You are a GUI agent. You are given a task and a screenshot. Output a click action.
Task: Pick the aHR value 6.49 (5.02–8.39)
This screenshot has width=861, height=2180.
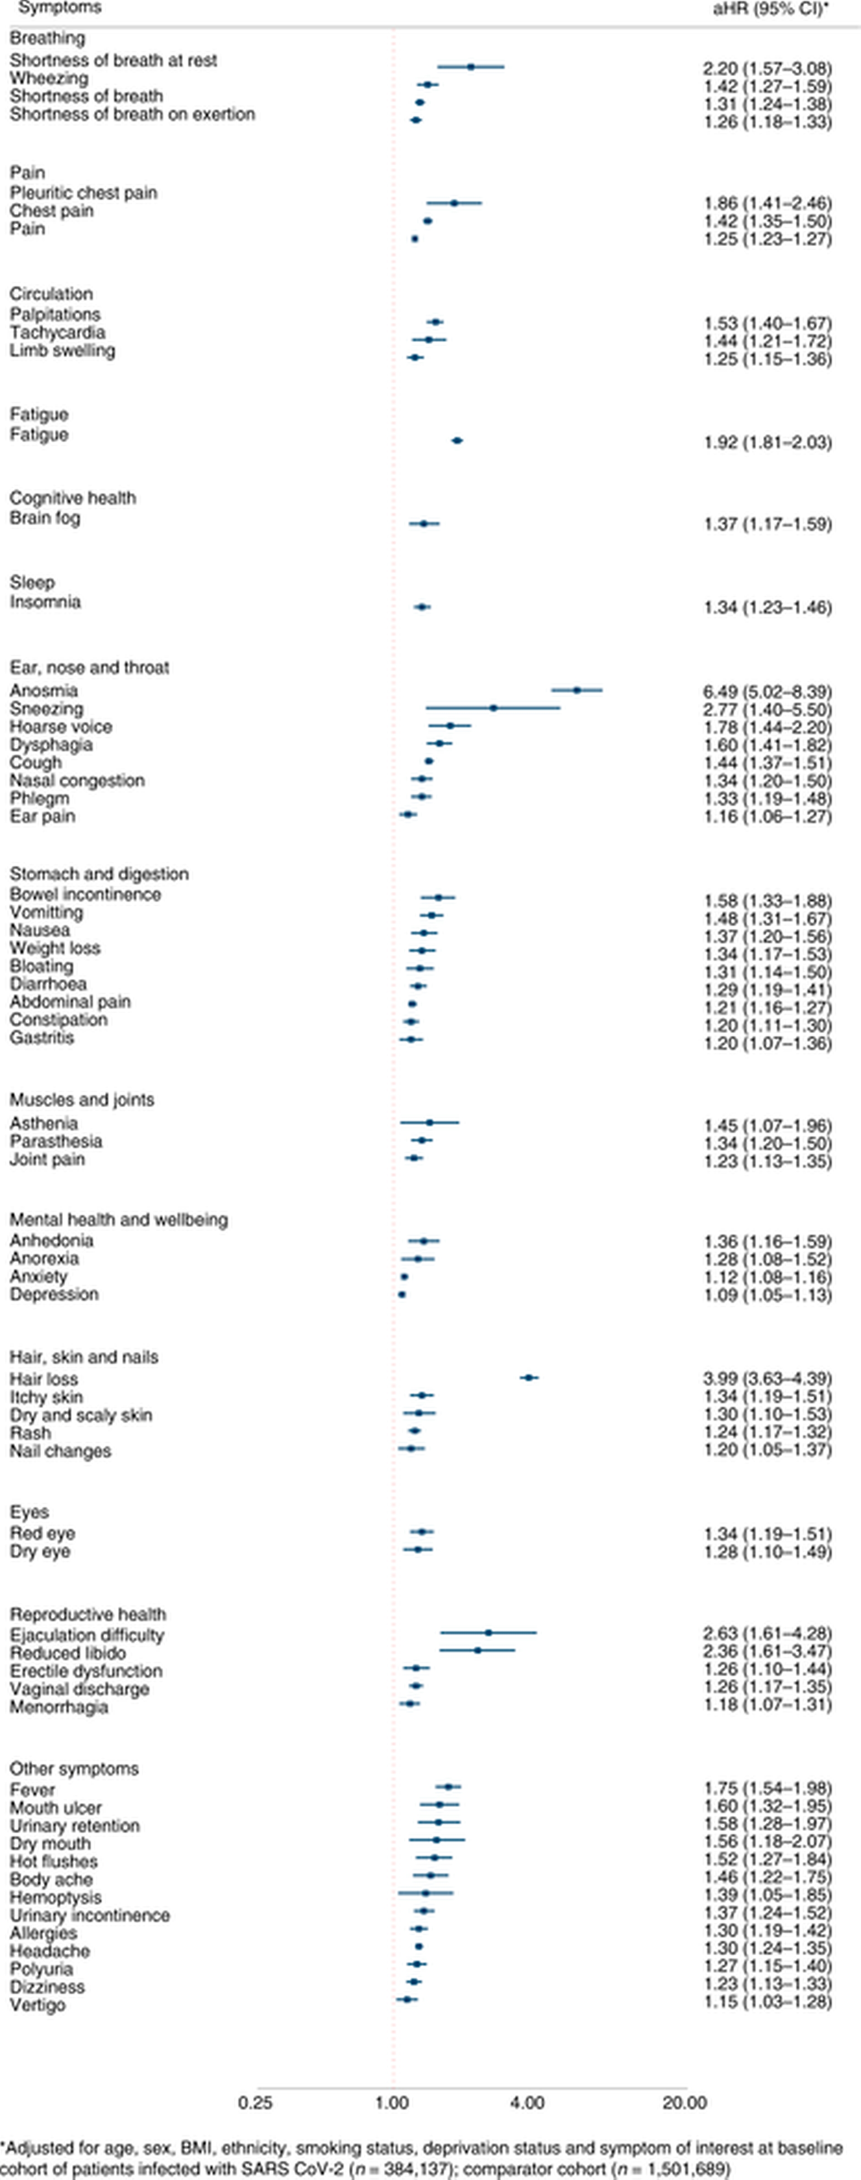[x=767, y=692]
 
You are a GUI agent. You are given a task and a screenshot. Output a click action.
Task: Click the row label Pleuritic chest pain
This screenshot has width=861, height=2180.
[x=83, y=193]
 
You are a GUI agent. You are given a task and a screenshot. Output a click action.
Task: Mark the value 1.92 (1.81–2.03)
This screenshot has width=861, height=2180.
[x=767, y=443]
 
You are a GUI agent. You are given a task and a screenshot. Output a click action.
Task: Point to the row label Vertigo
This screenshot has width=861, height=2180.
[x=37, y=2005]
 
